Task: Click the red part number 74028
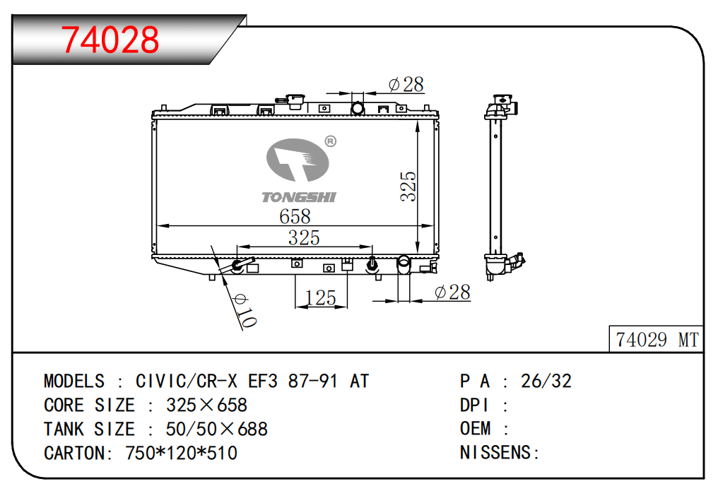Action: coord(110,40)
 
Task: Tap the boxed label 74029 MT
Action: coord(657,340)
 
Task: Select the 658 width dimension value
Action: coord(295,216)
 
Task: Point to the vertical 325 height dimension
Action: coord(408,187)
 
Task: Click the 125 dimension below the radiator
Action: coord(321,298)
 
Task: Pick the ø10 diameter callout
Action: coord(245,311)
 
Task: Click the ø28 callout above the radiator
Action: coord(406,85)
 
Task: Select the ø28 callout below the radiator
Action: coord(452,292)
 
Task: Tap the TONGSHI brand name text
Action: coord(299,197)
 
